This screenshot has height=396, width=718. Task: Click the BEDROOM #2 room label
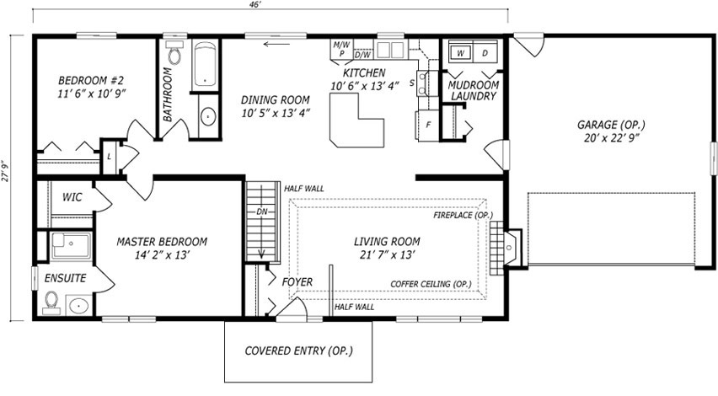91,81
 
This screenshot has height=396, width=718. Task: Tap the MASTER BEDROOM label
162,242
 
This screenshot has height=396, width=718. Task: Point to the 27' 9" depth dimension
5,171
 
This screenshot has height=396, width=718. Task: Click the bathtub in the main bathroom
204,65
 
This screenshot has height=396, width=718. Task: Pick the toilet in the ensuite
51,302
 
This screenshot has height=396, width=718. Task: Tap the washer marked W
460,53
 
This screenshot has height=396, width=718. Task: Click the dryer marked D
485,53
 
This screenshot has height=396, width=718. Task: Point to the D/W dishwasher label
362,55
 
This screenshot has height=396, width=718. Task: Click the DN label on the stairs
261,211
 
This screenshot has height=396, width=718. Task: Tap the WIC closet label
72,197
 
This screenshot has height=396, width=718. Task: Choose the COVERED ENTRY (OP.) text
298,351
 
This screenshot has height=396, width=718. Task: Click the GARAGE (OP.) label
611,125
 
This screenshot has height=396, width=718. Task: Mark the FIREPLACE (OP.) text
463,215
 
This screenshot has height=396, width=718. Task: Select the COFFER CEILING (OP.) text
431,284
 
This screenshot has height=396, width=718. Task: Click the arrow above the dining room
277,44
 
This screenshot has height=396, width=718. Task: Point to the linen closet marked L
109,157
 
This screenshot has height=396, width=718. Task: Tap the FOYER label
297,282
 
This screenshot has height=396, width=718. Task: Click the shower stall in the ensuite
71,245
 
